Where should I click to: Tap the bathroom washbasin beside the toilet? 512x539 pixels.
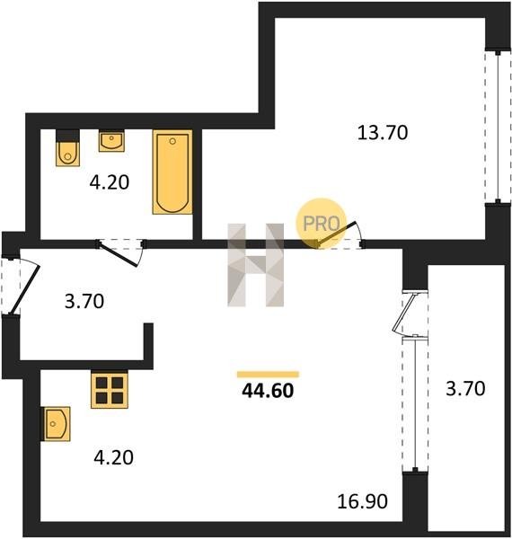tap(111, 141)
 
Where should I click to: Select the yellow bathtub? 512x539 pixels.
tap(172, 172)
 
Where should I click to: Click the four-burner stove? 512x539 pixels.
tap(110, 390)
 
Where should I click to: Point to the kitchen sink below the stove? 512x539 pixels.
tap(56, 424)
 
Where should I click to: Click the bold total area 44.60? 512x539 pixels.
tap(268, 391)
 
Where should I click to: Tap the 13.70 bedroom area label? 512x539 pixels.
tap(383, 133)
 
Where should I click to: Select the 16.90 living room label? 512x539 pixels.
tap(363, 501)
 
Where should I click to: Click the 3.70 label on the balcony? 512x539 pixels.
tap(465, 389)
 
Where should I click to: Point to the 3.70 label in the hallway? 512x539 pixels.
tap(84, 301)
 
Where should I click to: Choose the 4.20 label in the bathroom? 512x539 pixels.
tap(110, 182)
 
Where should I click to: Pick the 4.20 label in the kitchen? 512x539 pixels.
tap(114, 457)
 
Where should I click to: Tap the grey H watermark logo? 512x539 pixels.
tap(256, 265)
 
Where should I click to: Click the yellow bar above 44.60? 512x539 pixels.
tap(268, 375)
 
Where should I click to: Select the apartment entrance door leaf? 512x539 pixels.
tap(25, 289)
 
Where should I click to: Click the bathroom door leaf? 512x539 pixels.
tap(118, 254)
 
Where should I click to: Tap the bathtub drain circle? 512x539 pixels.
tap(172, 141)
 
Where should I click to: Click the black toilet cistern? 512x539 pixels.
tap(67, 135)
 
